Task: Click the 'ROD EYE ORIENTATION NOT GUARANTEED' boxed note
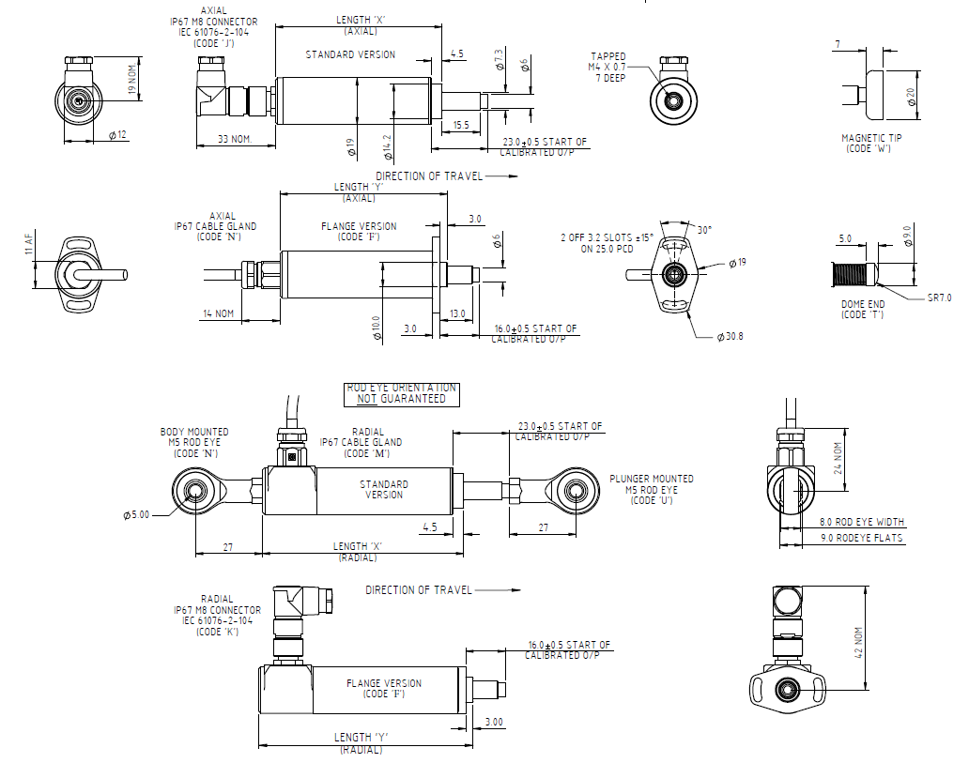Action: point(402,393)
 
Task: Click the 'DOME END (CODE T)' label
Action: point(863,310)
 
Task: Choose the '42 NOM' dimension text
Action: point(857,642)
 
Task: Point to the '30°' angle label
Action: point(701,230)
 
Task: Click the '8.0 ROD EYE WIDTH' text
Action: point(863,522)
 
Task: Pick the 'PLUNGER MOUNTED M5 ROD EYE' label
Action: point(651,489)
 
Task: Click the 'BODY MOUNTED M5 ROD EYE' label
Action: point(194,443)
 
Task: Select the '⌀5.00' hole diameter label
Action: point(137,515)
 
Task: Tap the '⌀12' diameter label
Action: point(117,135)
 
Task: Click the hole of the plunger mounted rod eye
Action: point(575,490)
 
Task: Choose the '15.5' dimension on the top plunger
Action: point(461,125)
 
